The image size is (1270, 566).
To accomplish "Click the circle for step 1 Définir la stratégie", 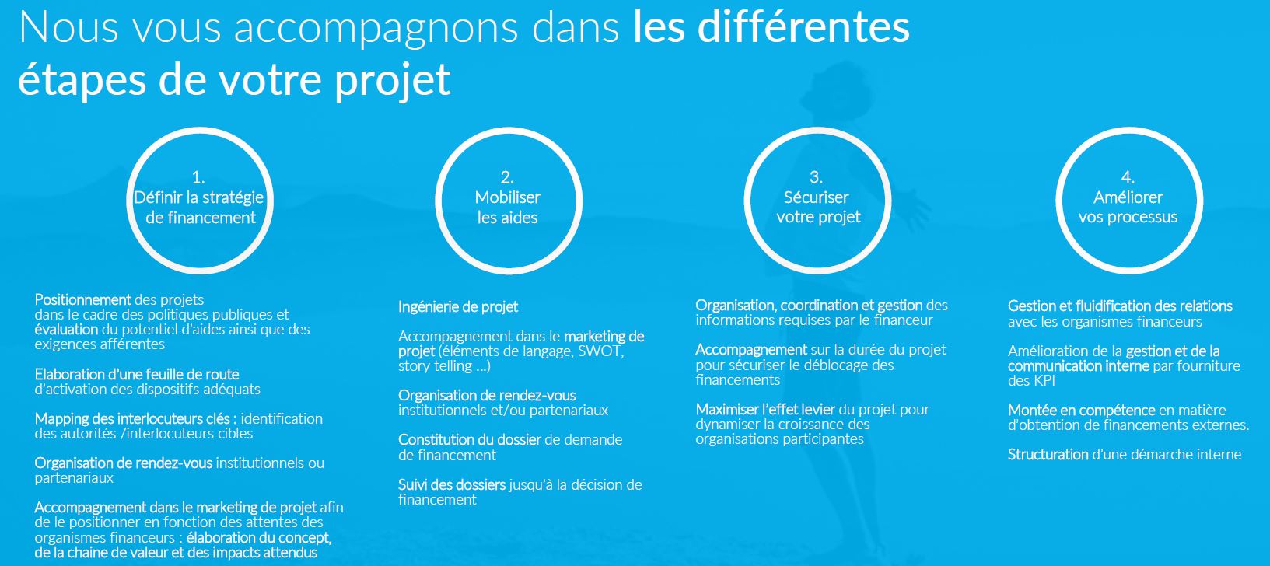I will (x=198, y=197).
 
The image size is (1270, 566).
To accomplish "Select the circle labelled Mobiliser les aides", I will (x=508, y=197).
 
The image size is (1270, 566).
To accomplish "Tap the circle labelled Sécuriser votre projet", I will (x=817, y=197).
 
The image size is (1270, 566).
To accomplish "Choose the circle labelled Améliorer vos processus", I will (x=1128, y=197).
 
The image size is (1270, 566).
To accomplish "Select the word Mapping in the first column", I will (x=60, y=419).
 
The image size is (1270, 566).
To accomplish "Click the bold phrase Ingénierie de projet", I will (x=458, y=307).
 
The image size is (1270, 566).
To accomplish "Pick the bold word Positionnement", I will (x=82, y=299).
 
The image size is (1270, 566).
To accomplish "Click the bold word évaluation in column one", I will (x=66, y=329).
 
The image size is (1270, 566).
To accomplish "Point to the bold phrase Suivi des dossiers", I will (x=452, y=485).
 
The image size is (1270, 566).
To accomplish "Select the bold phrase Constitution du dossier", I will (x=469, y=440).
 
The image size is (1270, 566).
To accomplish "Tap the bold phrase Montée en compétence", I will (x=1081, y=411).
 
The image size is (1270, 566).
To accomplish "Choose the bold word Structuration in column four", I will (x=1048, y=455).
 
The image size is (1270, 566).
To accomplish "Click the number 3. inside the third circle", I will (x=816, y=177).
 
